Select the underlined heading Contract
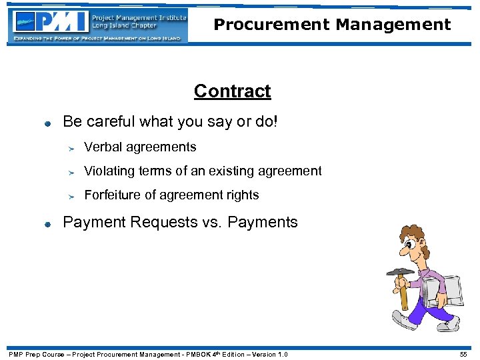pyautogui.click(x=232, y=91)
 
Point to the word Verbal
pyautogui.click(x=103, y=147)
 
